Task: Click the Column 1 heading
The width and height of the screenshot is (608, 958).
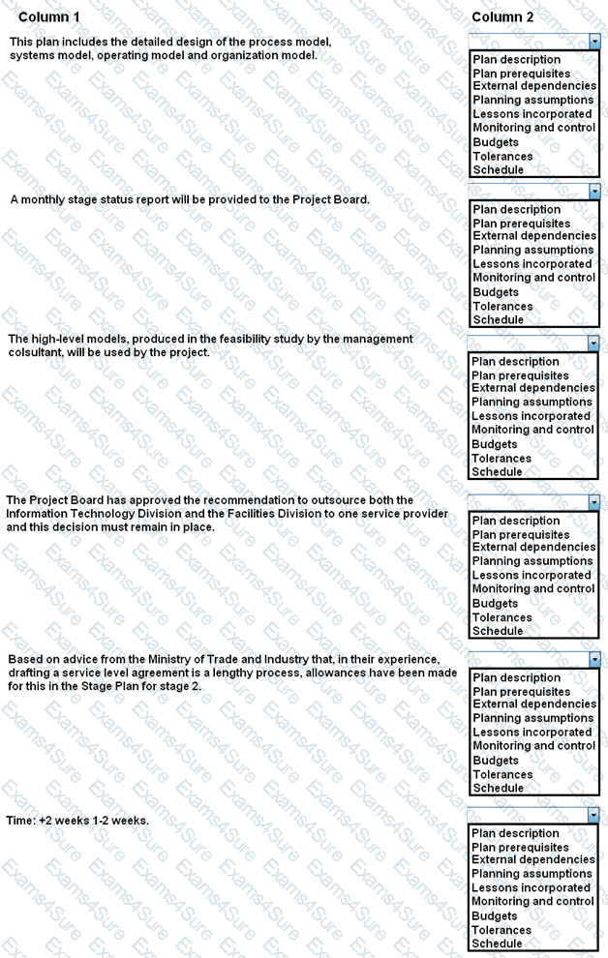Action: pos(49,17)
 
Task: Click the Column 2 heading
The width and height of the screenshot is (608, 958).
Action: pos(502,17)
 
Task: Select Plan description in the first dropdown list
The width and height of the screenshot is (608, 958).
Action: pos(516,60)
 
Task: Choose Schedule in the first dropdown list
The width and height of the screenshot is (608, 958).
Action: pos(498,169)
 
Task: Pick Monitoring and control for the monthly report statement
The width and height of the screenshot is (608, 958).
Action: pos(533,278)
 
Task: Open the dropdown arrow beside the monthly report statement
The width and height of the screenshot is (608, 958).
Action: pos(594,192)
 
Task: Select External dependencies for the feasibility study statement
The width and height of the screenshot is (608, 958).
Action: pos(533,388)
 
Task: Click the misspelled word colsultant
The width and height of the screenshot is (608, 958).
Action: pos(34,352)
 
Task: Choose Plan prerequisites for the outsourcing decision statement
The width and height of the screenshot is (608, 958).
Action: pos(521,534)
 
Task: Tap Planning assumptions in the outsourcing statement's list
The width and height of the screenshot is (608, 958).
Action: pos(532,561)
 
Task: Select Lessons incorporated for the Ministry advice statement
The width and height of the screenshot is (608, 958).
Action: pos(532,733)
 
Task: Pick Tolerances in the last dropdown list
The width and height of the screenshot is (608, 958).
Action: pos(502,930)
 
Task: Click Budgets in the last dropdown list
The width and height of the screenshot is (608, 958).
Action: pos(495,916)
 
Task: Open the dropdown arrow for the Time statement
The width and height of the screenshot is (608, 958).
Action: pos(594,816)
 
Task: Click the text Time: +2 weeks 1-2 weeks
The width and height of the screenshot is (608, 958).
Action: pos(77,821)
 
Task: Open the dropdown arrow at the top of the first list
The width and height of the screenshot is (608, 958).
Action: pos(594,42)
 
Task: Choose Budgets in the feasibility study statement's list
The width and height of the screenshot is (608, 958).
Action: pos(495,444)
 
